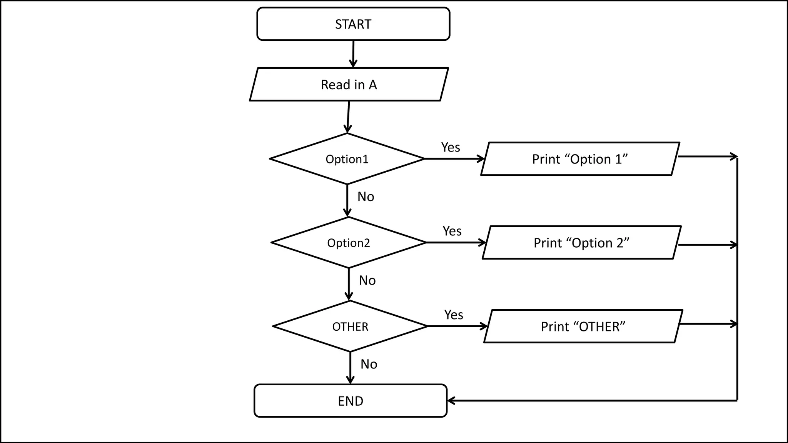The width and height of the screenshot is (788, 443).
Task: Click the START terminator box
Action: (353, 24)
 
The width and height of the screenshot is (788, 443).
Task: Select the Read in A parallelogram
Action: (349, 85)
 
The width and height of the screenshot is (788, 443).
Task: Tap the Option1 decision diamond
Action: (347, 159)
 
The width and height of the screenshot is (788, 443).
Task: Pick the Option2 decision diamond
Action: (349, 243)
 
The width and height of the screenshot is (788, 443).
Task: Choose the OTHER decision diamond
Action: (350, 326)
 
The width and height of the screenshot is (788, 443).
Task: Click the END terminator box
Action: (351, 401)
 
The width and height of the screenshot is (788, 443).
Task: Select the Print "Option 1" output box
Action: (580, 159)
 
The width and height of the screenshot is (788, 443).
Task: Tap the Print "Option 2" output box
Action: (581, 243)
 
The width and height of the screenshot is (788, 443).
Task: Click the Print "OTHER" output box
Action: (583, 326)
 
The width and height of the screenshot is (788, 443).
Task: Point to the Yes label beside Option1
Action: (451, 147)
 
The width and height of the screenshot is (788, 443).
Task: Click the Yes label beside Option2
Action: (452, 231)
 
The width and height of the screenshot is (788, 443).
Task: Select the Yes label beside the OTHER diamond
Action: (454, 315)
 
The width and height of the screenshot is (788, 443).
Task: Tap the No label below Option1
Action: (366, 197)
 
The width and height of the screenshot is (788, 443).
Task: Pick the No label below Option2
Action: (367, 281)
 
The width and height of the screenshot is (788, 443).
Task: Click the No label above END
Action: (369, 364)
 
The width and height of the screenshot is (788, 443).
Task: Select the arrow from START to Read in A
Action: (353, 54)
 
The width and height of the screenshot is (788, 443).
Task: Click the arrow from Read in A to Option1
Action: (348, 117)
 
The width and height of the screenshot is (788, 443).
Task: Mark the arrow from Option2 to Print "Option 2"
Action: (456, 243)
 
